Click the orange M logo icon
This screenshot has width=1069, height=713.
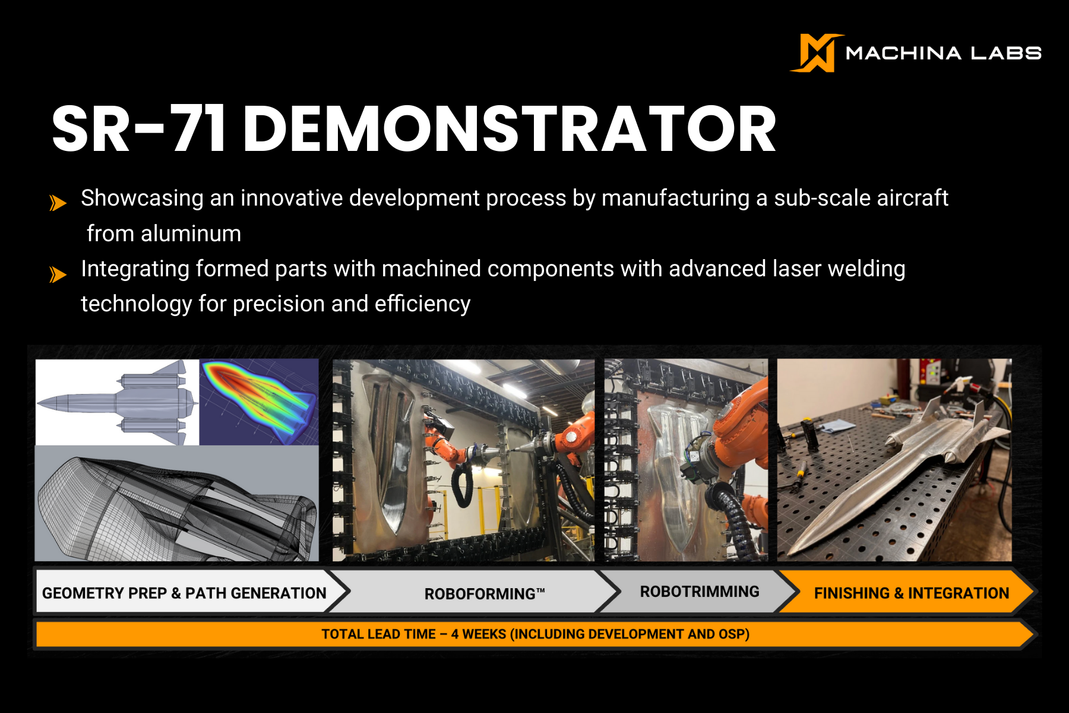pos(815,53)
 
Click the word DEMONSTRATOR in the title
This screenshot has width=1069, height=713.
pos(509,130)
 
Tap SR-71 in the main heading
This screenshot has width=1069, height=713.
pos(138,130)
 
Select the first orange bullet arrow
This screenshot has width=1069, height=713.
pos(58,203)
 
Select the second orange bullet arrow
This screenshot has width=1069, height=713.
pos(58,275)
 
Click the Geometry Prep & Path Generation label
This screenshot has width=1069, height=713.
pos(184,593)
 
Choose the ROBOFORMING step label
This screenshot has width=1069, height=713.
pos(484,594)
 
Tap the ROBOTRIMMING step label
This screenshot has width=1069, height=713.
pos(700,592)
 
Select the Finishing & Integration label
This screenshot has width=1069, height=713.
pos(911,593)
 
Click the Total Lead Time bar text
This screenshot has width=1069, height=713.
pos(535,634)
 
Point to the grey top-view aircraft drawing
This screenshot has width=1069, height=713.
pos(118,403)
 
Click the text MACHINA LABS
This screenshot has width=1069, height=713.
pos(943,53)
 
